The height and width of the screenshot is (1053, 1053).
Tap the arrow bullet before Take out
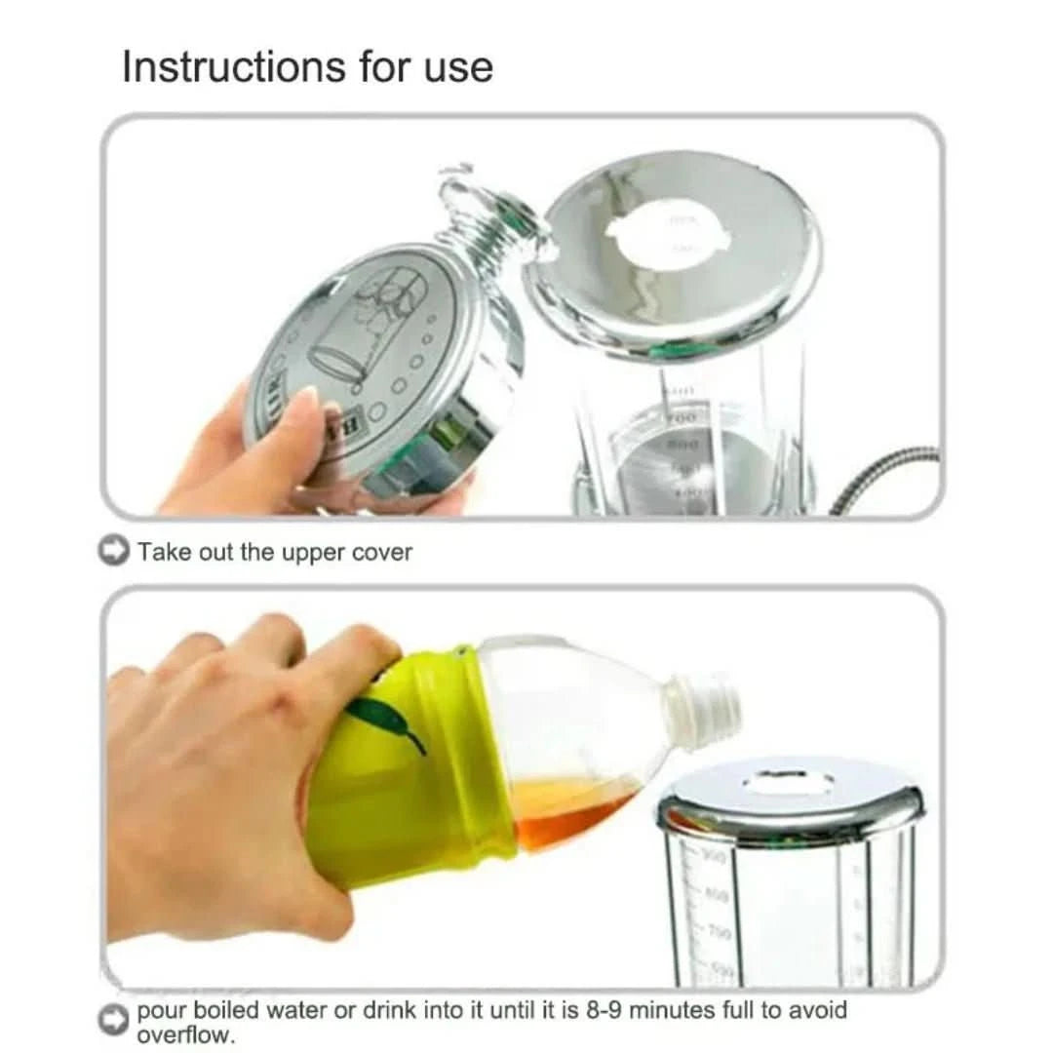tap(114, 551)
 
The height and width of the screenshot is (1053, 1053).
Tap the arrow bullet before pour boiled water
tap(114, 1020)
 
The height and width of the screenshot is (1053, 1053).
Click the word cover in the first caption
tap(381, 552)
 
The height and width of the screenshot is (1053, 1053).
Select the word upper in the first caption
tap(312, 553)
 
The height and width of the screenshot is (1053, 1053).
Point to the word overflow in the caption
tap(185, 1034)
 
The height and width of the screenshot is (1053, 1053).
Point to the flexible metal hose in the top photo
tap(887, 478)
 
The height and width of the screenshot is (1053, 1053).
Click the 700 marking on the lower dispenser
tap(720, 932)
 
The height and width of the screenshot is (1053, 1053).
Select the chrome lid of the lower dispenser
tap(790, 795)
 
